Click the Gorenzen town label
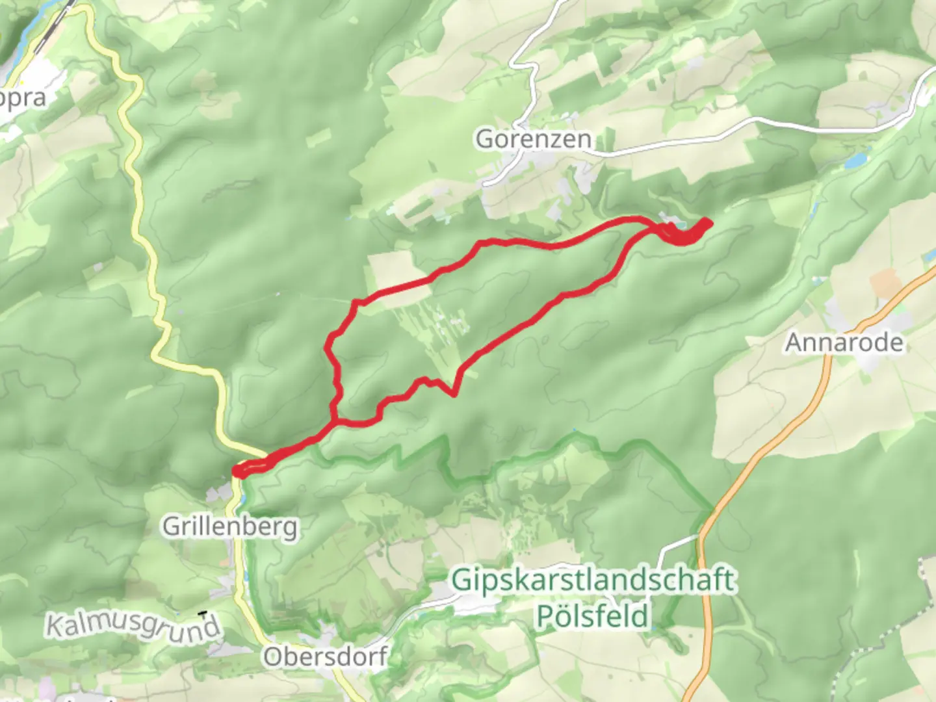point(533,139)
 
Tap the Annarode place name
point(844,342)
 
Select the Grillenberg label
point(229,526)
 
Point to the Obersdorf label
point(325,656)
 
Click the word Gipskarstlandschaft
point(593,579)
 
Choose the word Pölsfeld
point(592,615)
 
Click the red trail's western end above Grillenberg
point(238,471)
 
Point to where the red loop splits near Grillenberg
point(335,422)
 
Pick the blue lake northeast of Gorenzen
point(857,159)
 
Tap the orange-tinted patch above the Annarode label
point(884,283)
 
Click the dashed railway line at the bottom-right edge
point(926,585)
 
